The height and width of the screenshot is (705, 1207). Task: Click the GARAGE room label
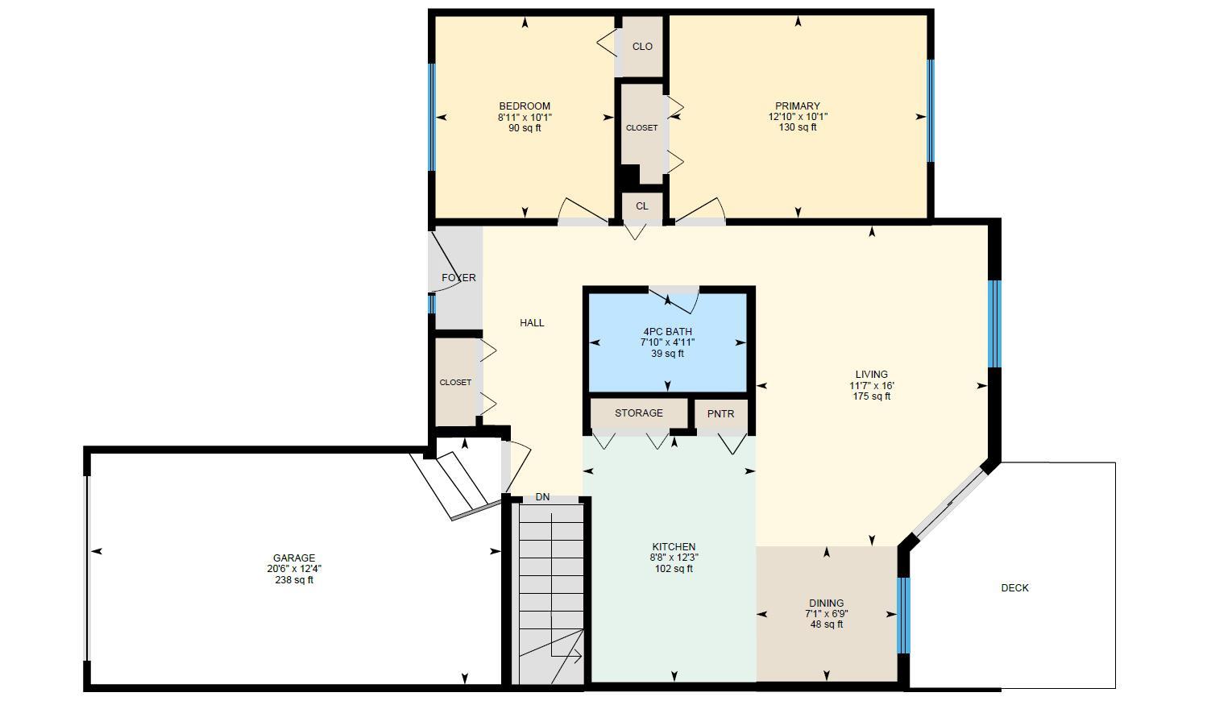293,558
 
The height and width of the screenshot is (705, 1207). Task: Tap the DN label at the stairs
542,497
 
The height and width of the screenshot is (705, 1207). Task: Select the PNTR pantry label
720,414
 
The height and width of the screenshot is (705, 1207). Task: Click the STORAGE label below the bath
638,413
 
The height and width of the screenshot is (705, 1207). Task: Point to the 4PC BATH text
667,331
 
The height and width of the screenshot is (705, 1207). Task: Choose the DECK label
1014,588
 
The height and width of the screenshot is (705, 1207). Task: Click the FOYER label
458,278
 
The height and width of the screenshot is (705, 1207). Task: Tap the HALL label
532,323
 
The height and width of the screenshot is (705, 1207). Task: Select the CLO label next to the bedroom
642,47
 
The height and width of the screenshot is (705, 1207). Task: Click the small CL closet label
641,206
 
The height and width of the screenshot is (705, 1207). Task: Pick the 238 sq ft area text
293,580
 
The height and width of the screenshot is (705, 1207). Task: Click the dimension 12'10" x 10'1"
798,117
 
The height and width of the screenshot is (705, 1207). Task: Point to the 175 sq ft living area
871,396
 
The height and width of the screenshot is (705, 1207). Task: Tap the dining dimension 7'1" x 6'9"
826,614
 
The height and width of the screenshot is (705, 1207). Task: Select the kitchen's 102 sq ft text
674,569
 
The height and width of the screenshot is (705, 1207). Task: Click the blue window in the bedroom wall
432,117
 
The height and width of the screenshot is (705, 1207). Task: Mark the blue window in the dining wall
904,615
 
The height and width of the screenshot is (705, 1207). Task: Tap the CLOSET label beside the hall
455,383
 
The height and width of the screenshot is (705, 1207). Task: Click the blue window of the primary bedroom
930,111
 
